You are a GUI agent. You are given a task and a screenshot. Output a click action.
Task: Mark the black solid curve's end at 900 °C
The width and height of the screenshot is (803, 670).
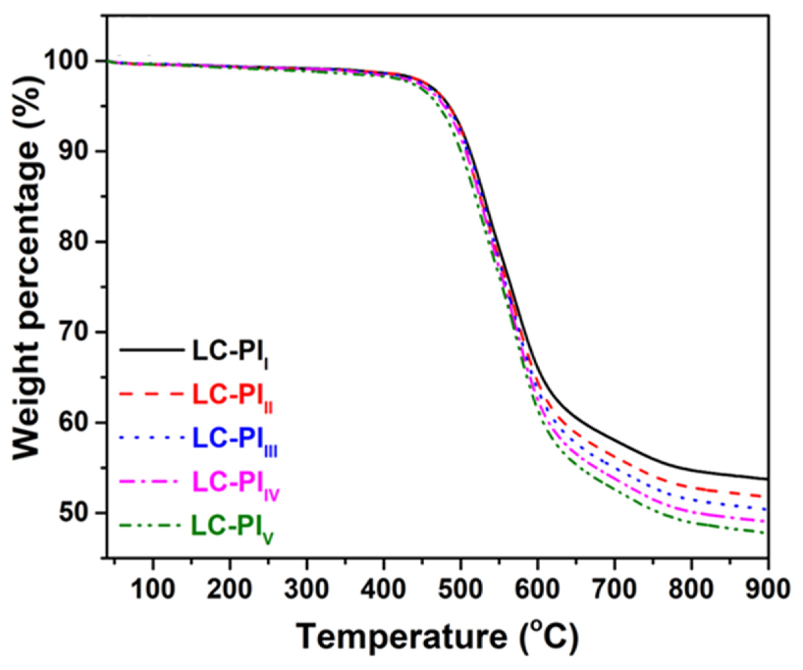[x=767, y=479]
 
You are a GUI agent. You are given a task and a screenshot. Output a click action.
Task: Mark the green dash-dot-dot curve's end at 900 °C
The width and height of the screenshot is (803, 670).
[x=767, y=533]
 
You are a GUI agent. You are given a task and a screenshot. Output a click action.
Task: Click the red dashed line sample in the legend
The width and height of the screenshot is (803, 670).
[x=151, y=394]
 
